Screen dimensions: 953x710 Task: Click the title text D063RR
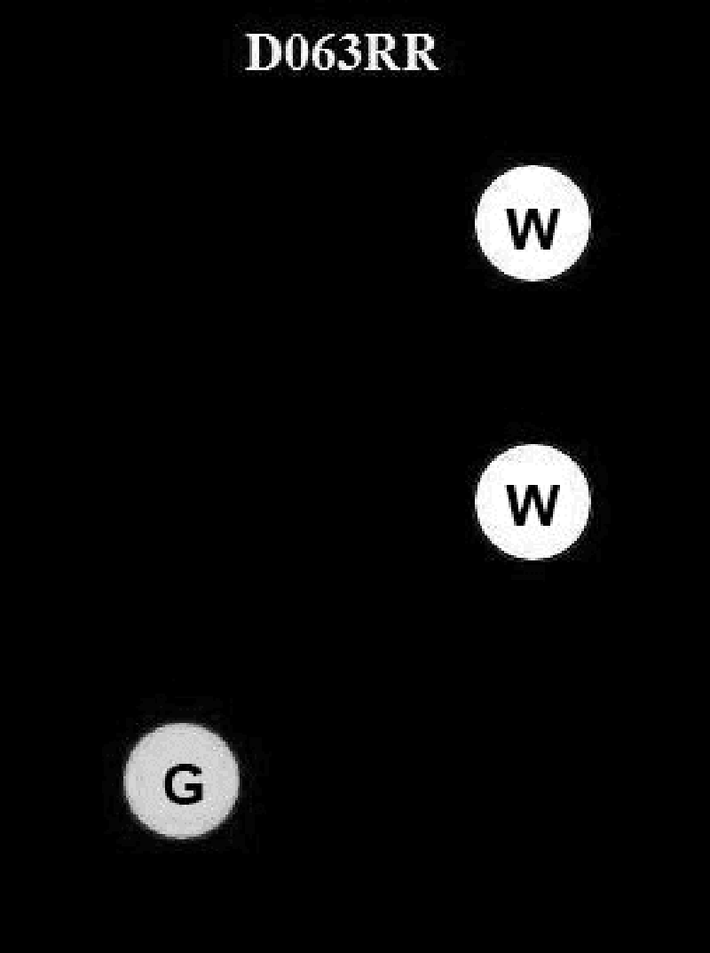[342, 54]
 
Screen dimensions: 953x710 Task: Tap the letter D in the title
[262, 54]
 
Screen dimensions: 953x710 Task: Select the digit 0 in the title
[296, 54]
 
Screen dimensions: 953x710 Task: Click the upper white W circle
[532, 223]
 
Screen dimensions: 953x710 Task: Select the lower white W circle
[532, 502]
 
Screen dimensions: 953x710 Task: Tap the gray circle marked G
[182, 781]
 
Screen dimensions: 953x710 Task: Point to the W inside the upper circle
[532, 229]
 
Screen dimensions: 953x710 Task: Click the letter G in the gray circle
[183, 785]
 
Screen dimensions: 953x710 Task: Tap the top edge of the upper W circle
[532, 167]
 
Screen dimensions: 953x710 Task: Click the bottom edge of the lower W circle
[532, 558]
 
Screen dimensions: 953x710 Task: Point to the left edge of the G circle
[126, 781]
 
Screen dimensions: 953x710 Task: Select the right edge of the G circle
[238, 781]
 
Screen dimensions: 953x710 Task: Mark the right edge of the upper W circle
[588, 223]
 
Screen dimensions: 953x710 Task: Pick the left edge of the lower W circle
[477, 502]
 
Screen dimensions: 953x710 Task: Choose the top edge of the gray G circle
[182, 725]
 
